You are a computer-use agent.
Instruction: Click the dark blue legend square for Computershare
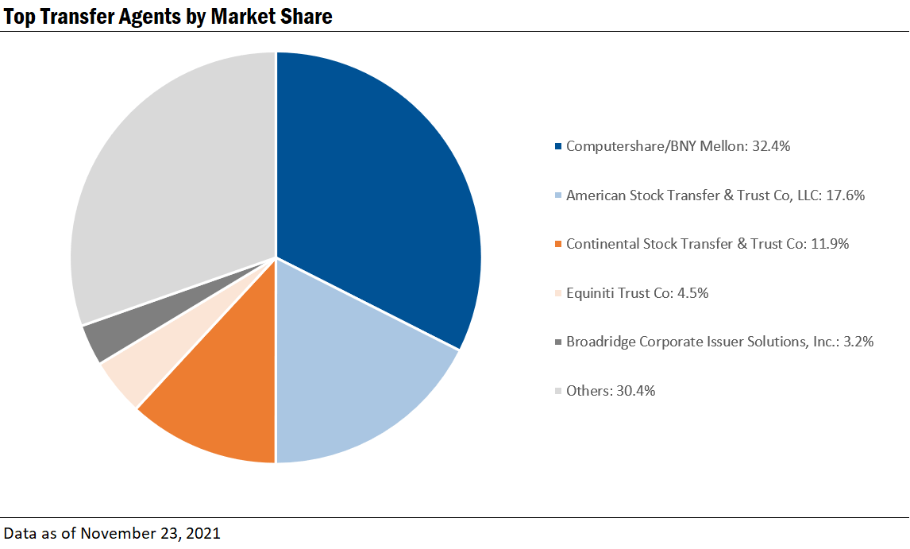[x=558, y=147]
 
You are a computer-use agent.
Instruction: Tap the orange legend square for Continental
[x=558, y=245]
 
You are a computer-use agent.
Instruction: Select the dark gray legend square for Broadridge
[x=558, y=342]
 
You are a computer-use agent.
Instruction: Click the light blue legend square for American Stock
[x=558, y=195]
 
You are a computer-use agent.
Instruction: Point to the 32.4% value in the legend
[x=769, y=146]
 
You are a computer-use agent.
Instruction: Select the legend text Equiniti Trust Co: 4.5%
[x=637, y=293]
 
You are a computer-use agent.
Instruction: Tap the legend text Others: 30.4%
[x=610, y=391]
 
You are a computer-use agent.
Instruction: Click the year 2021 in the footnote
[x=202, y=533]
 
